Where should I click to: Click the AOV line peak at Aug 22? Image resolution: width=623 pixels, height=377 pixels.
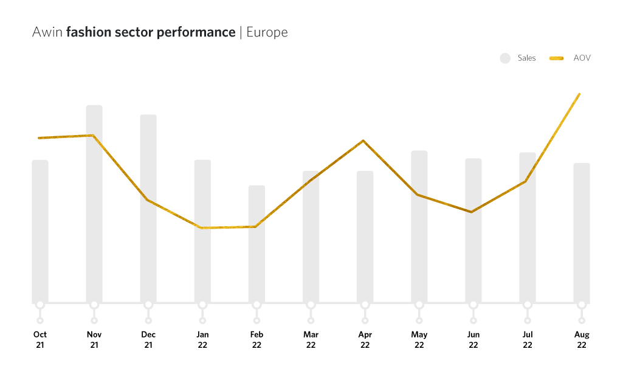(579, 94)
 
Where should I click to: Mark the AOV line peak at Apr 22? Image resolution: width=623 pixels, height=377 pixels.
(363, 141)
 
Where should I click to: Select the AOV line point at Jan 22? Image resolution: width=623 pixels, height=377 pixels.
(202, 228)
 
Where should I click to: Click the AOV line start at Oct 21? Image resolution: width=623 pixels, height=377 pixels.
(39, 138)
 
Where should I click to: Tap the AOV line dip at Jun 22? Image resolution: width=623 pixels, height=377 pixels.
(471, 212)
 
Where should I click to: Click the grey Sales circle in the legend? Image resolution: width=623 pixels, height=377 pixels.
(505, 58)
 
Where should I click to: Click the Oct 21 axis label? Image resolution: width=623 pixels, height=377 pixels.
(40, 339)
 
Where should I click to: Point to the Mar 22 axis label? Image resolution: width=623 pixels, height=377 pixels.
(311, 339)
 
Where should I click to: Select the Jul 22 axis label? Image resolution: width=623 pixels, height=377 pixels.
(528, 339)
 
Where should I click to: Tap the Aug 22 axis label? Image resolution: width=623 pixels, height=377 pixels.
(582, 339)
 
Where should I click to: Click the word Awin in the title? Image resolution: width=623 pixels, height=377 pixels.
(47, 32)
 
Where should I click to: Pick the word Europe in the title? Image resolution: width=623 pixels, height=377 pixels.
(267, 32)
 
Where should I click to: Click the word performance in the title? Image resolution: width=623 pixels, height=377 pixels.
(196, 33)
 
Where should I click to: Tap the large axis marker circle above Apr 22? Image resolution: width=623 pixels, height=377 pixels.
(365, 304)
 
